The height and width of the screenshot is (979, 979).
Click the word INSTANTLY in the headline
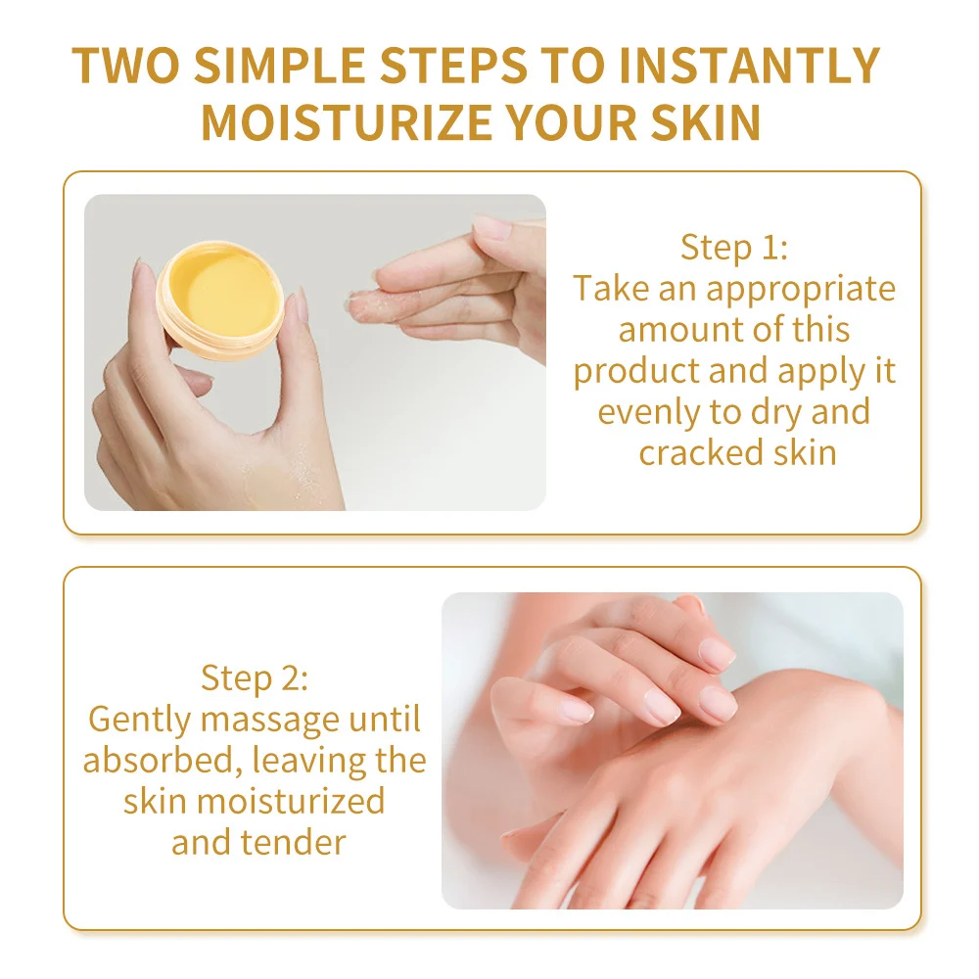click(749, 65)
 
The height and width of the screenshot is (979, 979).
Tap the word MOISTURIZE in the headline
click(348, 121)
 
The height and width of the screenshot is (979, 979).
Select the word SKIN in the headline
click(706, 121)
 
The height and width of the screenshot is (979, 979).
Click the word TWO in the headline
click(125, 65)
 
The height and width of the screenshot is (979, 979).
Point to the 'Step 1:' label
click(734, 247)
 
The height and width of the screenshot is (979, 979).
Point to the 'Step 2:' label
click(255, 677)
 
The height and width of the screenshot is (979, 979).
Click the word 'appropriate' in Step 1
click(801, 290)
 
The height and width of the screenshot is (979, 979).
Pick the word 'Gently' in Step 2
click(140, 720)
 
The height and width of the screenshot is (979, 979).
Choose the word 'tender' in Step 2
click(294, 842)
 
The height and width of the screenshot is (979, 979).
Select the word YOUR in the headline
click(572, 121)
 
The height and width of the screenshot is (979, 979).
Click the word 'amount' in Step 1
click(681, 330)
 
